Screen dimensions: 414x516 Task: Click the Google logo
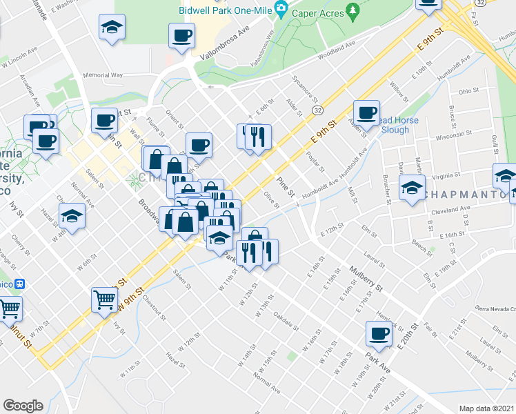click(23, 406)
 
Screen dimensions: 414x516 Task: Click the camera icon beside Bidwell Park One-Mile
click(280, 9)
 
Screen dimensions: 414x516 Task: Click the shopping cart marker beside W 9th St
click(104, 300)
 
